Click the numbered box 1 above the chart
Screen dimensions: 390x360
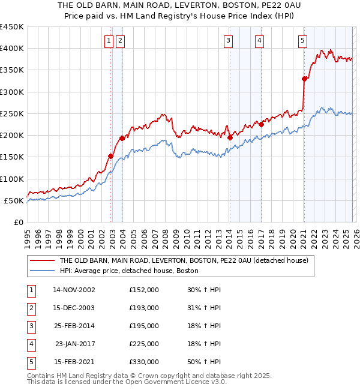(109, 41)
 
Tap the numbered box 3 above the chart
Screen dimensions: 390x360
(229, 41)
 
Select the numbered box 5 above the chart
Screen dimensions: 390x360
(302, 41)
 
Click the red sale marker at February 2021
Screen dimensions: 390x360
(305, 79)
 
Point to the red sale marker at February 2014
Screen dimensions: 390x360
(230, 137)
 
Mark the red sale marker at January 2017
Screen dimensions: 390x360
(262, 124)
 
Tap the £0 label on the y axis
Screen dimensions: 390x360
(18, 222)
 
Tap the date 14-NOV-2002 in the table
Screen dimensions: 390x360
(74, 289)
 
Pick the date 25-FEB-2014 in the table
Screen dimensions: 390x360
(74, 325)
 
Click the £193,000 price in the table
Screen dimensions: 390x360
(144, 307)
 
